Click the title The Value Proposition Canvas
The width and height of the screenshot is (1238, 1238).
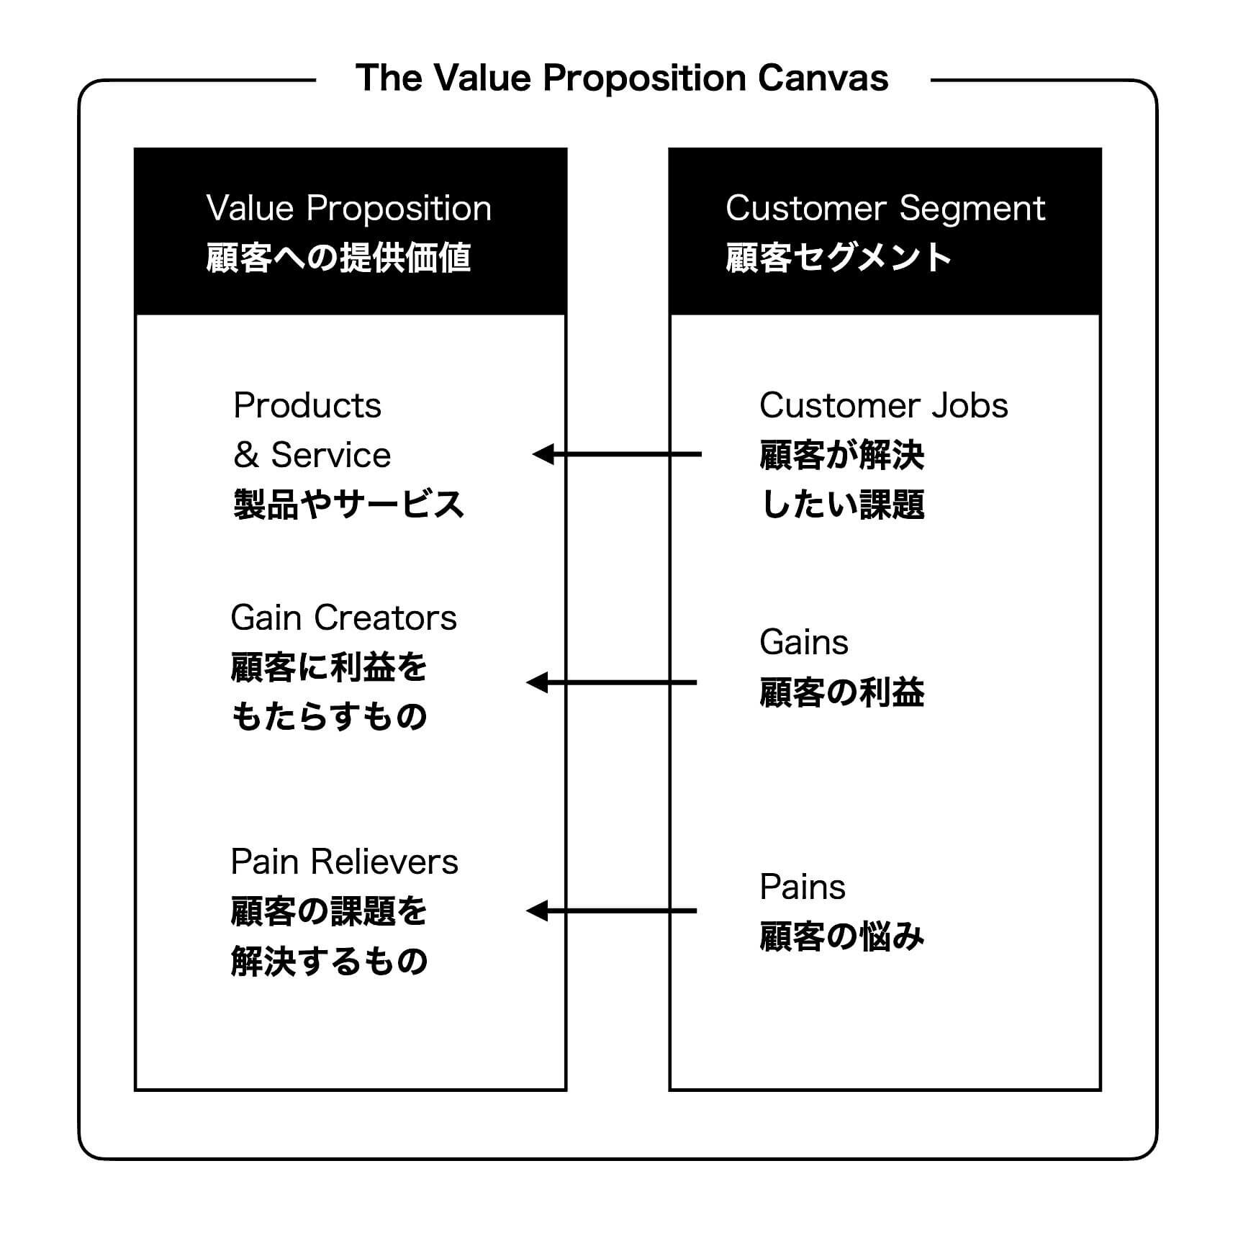coord(622,78)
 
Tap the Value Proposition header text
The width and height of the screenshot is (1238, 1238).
coord(348,209)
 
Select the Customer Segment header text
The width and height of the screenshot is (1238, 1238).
coord(885,209)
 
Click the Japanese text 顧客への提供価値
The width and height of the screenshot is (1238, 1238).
coord(338,258)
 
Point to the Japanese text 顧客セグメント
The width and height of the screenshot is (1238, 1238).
coord(839,258)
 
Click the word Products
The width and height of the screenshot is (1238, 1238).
coord(307,405)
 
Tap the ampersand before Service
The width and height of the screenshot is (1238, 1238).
coord(246,455)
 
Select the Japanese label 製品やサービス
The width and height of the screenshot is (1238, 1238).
coord(348,504)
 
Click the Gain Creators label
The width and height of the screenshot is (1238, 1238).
coord(343,618)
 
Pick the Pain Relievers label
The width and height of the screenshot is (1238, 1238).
coord(344,862)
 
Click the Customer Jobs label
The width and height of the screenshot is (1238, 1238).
coord(883,405)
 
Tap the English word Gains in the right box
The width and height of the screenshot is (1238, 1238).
coord(804,642)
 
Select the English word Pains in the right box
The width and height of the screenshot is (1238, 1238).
coord(803,887)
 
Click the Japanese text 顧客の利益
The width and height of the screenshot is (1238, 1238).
coord(842,692)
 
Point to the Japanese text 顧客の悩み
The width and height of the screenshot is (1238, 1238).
coord(842,936)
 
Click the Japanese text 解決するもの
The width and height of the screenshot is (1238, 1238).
coord(330,961)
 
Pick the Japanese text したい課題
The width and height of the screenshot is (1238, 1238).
coord(842,504)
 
